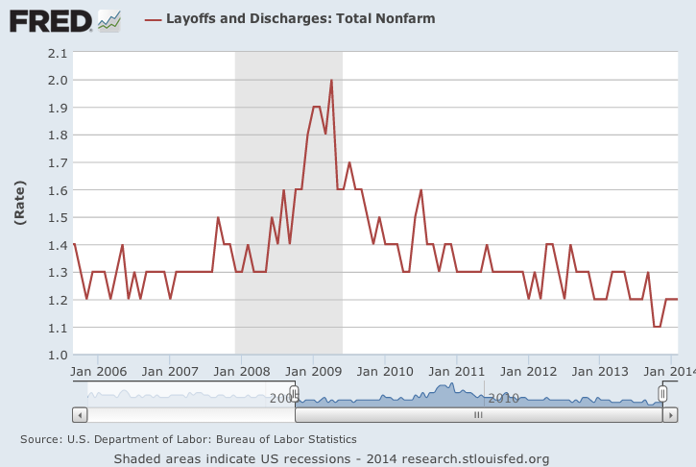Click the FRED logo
click(x=51, y=19)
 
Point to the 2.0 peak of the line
click(x=331, y=81)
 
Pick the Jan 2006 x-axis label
click(x=100, y=370)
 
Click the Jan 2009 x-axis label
click(x=314, y=370)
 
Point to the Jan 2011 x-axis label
click(x=457, y=370)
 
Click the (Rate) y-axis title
click(x=20, y=204)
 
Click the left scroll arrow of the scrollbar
click(x=80, y=415)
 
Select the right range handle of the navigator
click(x=662, y=394)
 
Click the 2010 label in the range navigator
click(x=503, y=398)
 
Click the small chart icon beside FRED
click(x=109, y=19)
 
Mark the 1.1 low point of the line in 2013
click(x=658, y=327)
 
